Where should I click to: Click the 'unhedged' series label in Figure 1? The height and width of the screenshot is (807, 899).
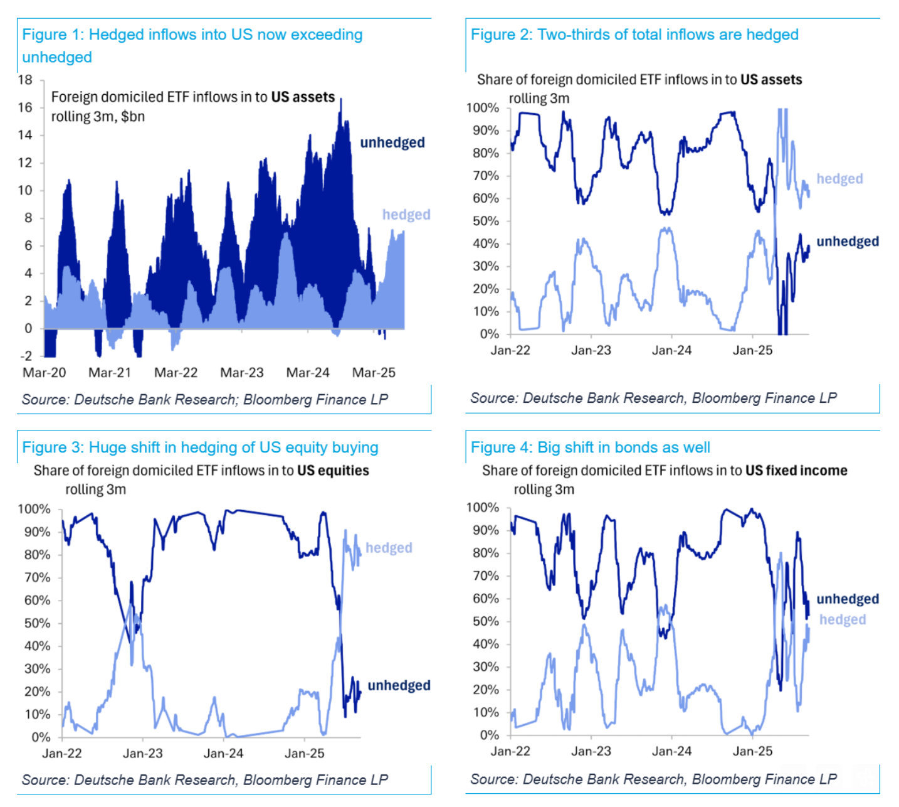tap(392, 142)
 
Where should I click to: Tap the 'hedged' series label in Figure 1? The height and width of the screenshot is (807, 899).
tap(406, 215)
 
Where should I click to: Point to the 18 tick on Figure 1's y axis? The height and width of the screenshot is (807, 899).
tap(25, 80)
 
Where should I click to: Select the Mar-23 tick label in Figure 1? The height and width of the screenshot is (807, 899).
tap(242, 373)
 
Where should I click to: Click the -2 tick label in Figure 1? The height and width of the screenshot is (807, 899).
tap(26, 356)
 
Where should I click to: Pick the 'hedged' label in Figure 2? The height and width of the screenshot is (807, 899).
tap(839, 179)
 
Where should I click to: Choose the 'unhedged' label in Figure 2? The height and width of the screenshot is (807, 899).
tap(848, 242)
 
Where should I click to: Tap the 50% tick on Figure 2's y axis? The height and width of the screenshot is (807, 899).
tap(486, 221)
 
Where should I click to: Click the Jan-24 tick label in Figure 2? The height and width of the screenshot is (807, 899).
tap(671, 350)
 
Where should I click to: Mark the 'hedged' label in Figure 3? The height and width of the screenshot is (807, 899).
tap(389, 548)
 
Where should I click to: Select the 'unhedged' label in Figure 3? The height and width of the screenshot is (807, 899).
tap(399, 685)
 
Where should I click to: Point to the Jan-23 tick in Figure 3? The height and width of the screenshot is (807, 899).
tap(143, 753)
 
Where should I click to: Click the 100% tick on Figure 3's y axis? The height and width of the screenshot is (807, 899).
tap(34, 509)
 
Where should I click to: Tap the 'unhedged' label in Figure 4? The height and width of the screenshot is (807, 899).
tap(848, 599)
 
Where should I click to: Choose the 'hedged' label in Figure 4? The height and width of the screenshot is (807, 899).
tap(843, 619)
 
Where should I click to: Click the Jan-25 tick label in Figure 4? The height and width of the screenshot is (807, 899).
tap(752, 751)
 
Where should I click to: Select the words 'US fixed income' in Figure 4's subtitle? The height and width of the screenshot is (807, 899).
tap(796, 471)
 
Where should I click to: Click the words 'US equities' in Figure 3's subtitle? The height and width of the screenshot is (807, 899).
tap(333, 471)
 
